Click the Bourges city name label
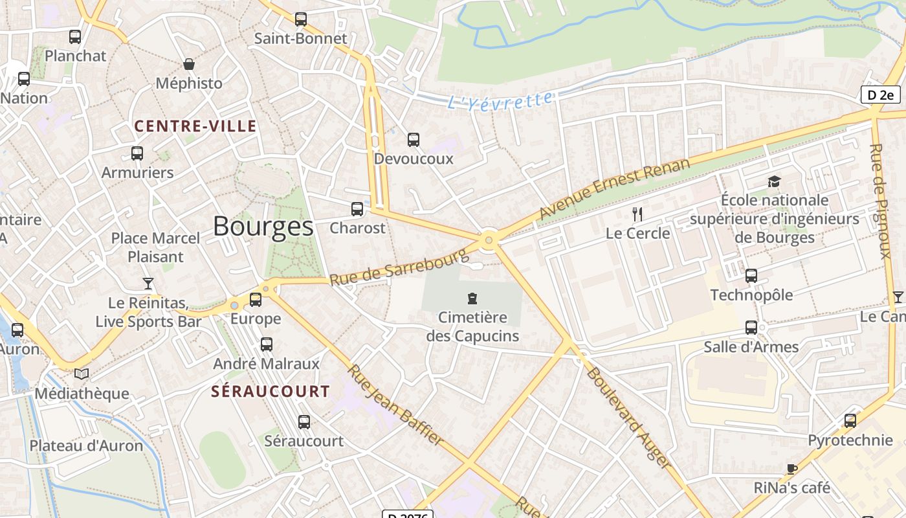(263, 227)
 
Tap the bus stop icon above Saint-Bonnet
(301, 19)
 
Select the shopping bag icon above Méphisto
(189, 64)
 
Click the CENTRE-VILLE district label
(195, 126)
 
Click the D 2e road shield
(880, 95)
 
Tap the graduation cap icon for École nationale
(774, 181)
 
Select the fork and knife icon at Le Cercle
(637, 214)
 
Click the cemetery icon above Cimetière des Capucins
(472, 298)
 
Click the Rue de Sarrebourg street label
(398, 267)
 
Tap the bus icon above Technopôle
(751, 276)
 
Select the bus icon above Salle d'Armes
(751, 328)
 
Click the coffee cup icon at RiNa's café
(791, 469)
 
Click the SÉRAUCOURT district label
(271, 392)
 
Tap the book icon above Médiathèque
(82, 374)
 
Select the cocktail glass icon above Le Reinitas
(148, 284)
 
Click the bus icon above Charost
(357, 209)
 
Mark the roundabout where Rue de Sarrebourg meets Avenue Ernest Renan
(489, 240)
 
